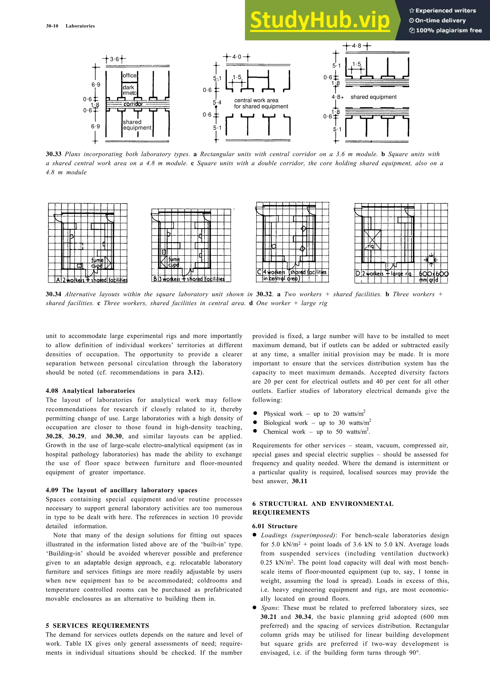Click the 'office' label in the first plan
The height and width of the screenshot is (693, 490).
coord(129,76)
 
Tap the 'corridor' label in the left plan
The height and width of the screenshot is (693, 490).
coord(133,104)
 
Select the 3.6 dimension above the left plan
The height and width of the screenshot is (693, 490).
coord(114,59)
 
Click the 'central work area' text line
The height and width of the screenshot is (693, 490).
coord(256,100)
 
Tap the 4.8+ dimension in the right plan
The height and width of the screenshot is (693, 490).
coord(338,97)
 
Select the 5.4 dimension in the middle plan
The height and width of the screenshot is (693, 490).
coord(217,103)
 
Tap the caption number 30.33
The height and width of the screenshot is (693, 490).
coord(53,154)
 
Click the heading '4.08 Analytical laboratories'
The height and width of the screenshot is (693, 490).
coord(90,391)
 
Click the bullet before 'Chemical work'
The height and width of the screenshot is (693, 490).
coord(255,431)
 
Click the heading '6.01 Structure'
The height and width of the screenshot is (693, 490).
coord(275,526)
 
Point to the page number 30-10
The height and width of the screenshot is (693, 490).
coord(52,26)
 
